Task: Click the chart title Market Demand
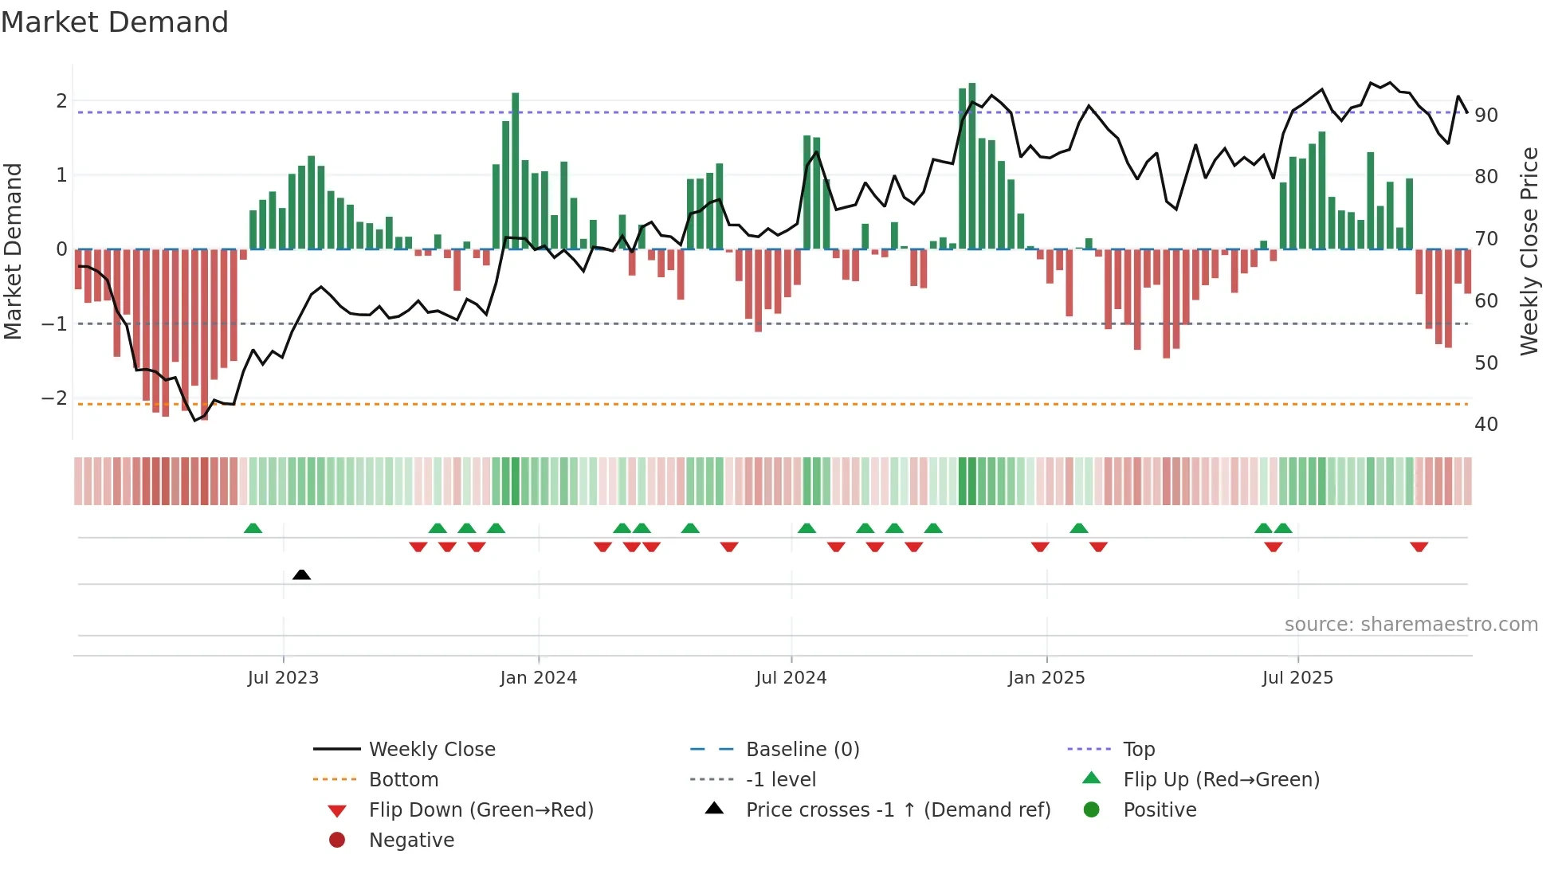[x=115, y=22]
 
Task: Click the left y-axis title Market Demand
[x=14, y=251]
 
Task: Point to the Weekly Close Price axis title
[x=1529, y=251]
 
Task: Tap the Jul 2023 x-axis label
[x=283, y=678]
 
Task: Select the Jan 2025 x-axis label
[x=1046, y=678]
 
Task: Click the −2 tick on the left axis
[x=55, y=398]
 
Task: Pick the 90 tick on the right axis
[x=1485, y=116]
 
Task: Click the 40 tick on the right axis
[x=1485, y=425]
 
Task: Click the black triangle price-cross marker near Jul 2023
[x=301, y=574]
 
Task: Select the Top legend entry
[x=1138, y=750]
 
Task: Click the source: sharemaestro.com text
[x=1411, y=625]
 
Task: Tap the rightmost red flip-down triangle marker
[x=1419, y=547]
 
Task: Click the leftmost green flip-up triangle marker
[x=253, y=528]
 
